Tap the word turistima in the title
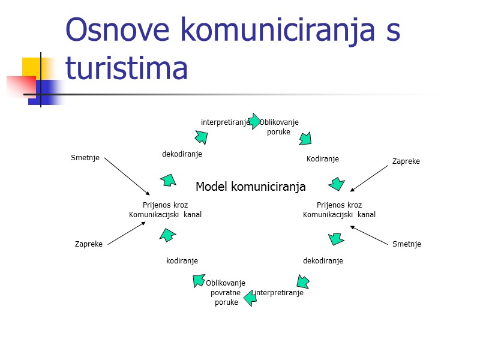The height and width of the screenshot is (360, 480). tap(127, 67)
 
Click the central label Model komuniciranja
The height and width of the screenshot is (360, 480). tap(250, 187)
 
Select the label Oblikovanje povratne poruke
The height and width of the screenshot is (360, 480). tap(226, 292)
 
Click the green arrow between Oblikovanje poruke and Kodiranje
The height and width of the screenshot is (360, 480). tap(305, 139)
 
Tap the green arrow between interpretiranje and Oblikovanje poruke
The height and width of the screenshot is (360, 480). tap(254, 121)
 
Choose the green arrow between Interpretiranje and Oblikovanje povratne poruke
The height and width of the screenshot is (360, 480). tap(250, 297)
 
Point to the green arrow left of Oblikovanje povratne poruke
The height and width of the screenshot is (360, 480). tap(199, 280)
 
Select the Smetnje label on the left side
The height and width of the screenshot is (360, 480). tap(85, 158)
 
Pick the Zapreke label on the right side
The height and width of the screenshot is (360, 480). tap(406, 161)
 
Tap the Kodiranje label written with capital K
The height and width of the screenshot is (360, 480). tap(323, 159)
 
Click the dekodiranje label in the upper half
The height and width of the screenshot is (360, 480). tap(182, 154)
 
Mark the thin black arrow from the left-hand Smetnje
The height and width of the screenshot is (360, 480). tap(127, 176)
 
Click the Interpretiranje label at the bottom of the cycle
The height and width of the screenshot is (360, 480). tap(278, 293)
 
